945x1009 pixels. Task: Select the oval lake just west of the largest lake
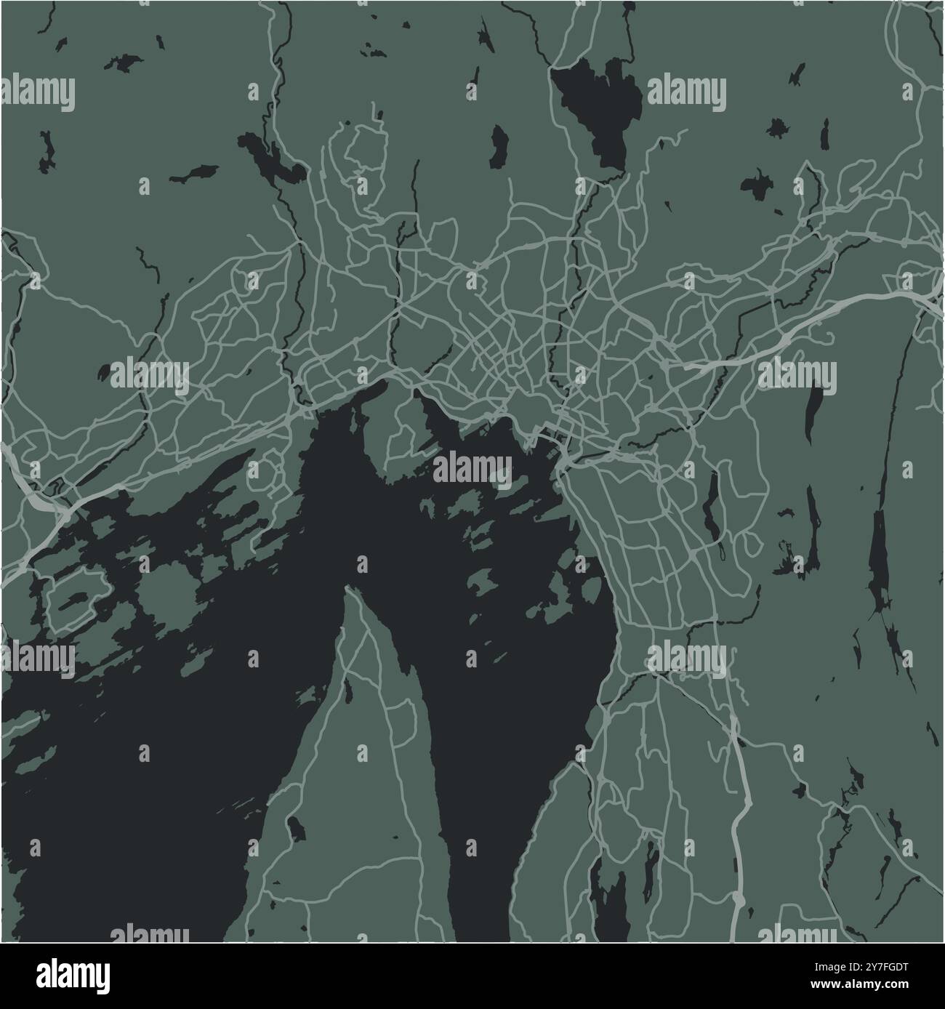tap(499, 145)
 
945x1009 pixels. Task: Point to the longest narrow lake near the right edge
tap(880, 560)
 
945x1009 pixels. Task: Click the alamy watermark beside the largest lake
tap(686, 93)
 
